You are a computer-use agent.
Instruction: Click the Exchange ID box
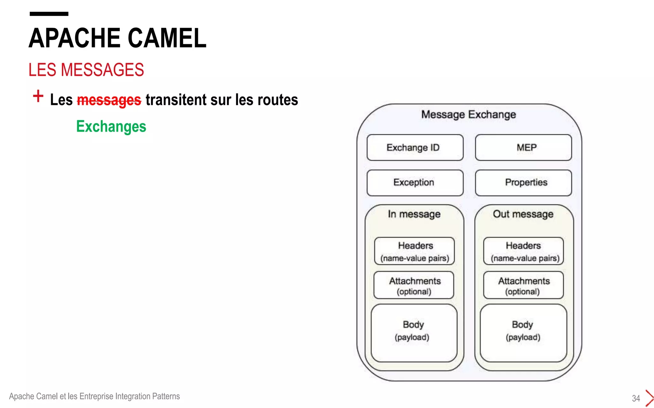415,148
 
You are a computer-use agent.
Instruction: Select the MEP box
523,148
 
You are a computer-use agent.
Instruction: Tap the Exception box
415,183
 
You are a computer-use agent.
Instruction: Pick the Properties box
523,183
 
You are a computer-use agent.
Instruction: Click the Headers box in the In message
414,251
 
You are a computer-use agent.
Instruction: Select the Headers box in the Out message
523,251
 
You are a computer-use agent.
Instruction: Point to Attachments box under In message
414,285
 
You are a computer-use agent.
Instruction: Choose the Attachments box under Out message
523,285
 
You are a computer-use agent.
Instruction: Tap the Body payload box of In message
414,333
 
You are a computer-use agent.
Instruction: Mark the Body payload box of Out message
523,333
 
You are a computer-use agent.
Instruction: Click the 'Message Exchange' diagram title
468,114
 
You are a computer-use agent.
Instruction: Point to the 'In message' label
414,214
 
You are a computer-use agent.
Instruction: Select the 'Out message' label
523,214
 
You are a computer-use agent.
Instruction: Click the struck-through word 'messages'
109,100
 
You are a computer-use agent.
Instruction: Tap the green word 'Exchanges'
111,127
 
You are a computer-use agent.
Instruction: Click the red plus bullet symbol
38,96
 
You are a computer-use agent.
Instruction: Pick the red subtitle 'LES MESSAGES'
86,70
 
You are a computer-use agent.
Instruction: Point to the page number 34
636,398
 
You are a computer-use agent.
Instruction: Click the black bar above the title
49,14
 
